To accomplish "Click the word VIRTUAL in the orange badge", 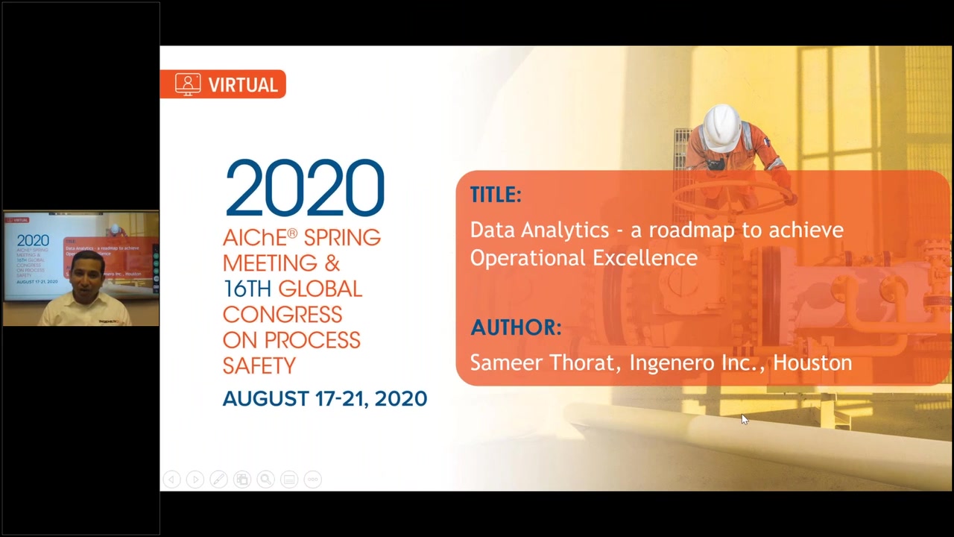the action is pyautogui.click(x=243, y=85).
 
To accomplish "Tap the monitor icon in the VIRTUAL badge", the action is pyautogui.click(x=188, y=84).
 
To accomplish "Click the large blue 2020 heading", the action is pyautogui.click(x=305, y=187).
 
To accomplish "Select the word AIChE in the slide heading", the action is pyautogui.click(x=255, y=238).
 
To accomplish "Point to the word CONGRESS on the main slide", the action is pyautogui.click(x=282, y=315).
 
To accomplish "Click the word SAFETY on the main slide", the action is pyautogui.click(x=259, y=365).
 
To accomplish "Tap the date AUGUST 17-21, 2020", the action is pyautogui.click(x=324, y=398).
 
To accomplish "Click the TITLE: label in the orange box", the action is pyautogui.click(x=496, y=195).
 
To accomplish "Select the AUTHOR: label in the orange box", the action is pyautogui.click(x=516, y=327).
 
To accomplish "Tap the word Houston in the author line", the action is pyautogui.click(x=812, y=362).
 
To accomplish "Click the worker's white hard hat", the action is pyautogui.click(x=721, y=127).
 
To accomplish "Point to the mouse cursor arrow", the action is pyautogui.click(x=745, y=419).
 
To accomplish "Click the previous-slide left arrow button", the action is pyautogui.click(x=171, y=480).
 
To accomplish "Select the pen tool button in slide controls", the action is pyautogui.click(x=218, y=480).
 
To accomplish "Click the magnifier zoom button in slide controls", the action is pyautogui.click(x=265, y=480).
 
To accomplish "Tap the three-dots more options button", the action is pyautogui.click(x=312, y=480).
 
